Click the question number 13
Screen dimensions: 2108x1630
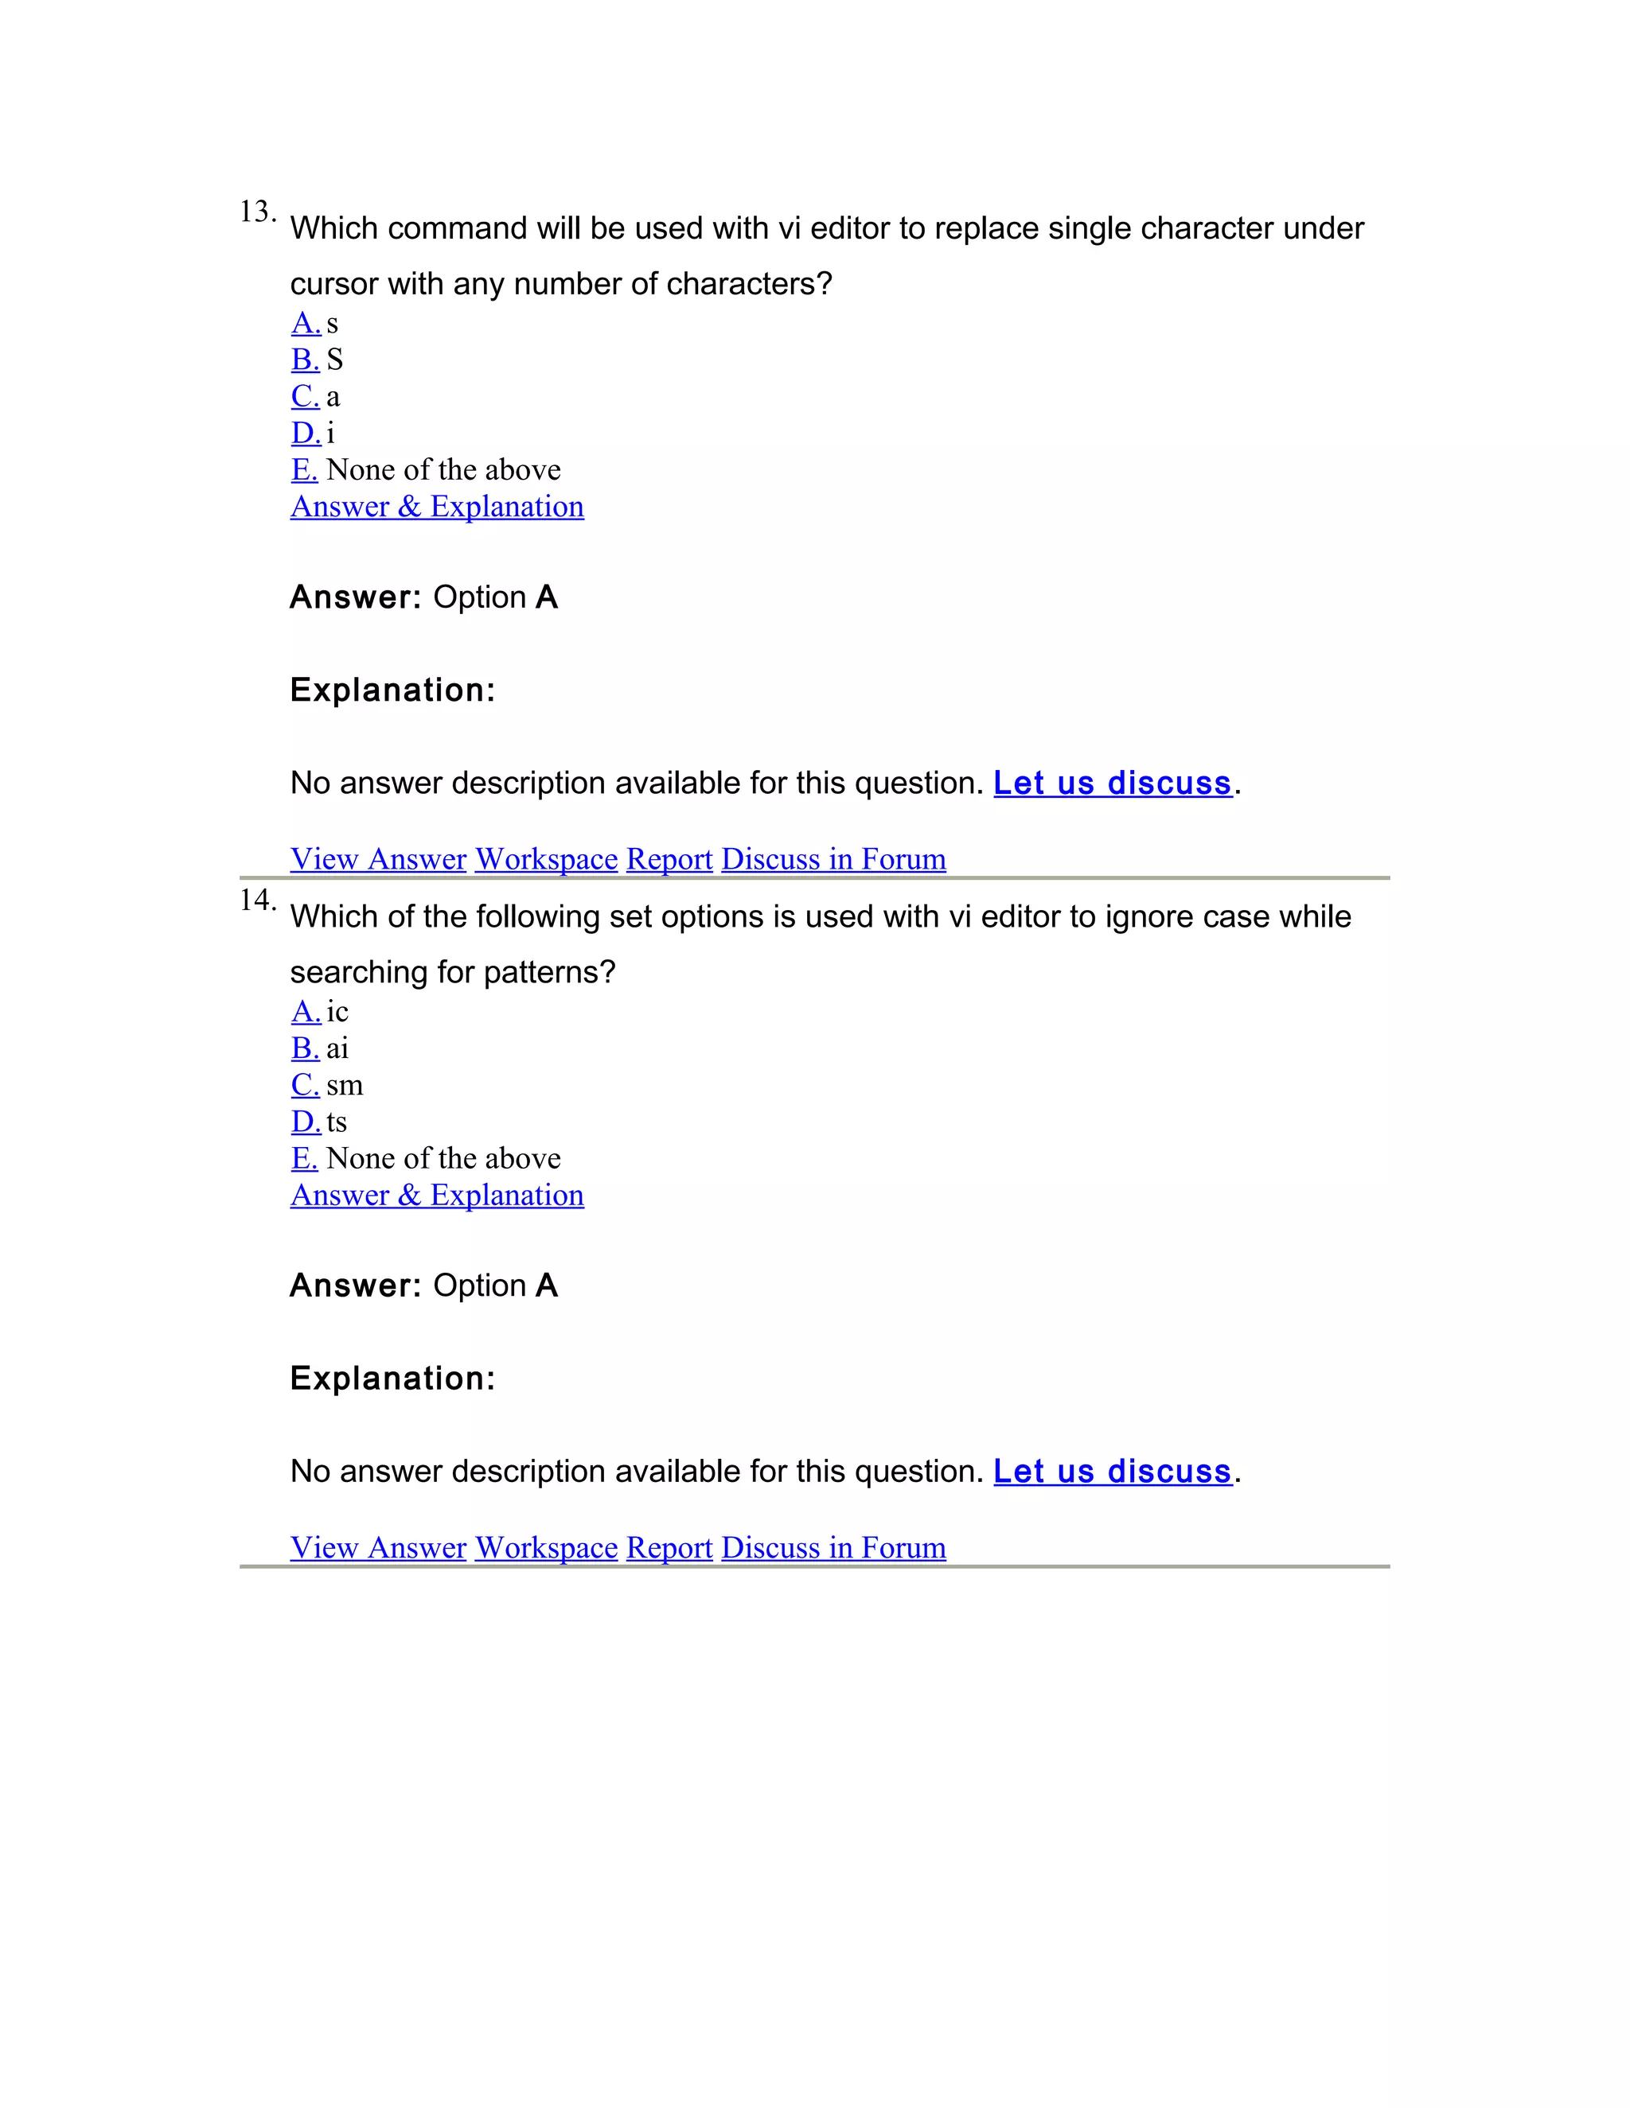coord(256,212)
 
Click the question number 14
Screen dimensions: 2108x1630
coord(256,900)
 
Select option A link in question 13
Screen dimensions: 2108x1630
coord(305,322)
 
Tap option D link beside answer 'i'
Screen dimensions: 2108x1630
coord(305,433)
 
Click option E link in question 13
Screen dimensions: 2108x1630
coord(304,469)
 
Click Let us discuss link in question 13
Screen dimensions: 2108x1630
coord(1113,783)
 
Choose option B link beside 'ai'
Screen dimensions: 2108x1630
coord(305,1048)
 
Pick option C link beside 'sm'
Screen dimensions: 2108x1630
coord(305,1084)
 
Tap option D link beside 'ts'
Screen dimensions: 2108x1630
coord(305,1121)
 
